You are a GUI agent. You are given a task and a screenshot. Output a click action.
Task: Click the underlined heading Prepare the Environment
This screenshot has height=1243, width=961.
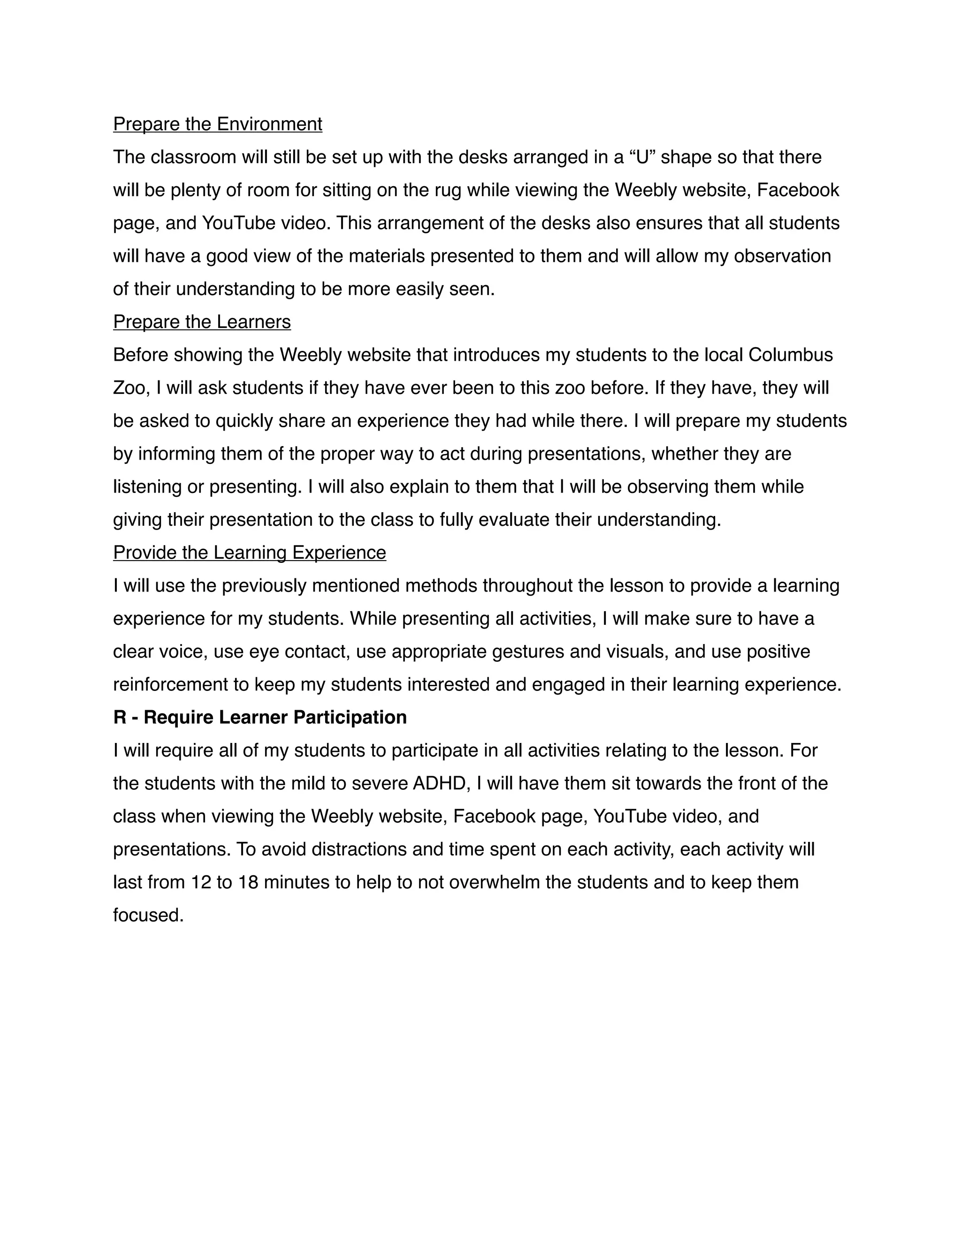(217, 124)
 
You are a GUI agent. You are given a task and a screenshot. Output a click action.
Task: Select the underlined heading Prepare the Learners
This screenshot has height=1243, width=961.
(201, 322)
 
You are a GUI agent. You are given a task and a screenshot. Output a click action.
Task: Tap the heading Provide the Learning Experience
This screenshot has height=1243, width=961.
(249, 553)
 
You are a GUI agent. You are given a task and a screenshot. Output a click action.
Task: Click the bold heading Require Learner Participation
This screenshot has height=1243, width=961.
(275, 718)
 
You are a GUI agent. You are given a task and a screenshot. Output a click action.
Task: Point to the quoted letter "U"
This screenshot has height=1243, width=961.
(642, 157)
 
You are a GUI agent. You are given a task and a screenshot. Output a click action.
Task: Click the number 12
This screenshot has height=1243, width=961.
(201, 883)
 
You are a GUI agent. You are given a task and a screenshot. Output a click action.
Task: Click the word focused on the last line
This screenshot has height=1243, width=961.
(148, 916)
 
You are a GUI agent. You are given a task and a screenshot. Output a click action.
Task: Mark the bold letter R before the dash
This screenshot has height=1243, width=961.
(120, 718)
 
